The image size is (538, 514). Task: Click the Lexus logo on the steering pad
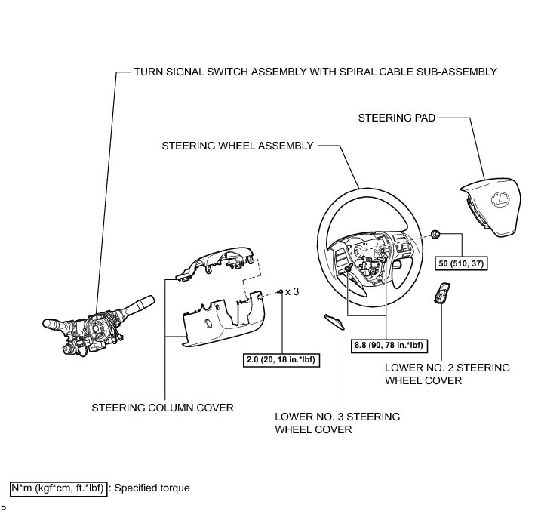pos(498,199)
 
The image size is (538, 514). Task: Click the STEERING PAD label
pos(396,118)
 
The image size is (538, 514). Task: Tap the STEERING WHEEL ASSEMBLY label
pos(237,146)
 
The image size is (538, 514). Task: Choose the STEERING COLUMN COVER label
pos(162,407)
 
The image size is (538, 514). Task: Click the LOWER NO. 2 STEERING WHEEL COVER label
pos(447,374)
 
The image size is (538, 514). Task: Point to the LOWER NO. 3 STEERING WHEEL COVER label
pos(337,423)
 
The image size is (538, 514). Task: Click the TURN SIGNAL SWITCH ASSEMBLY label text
pos(315,72)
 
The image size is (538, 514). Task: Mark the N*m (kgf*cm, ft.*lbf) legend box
pos(59,488)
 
